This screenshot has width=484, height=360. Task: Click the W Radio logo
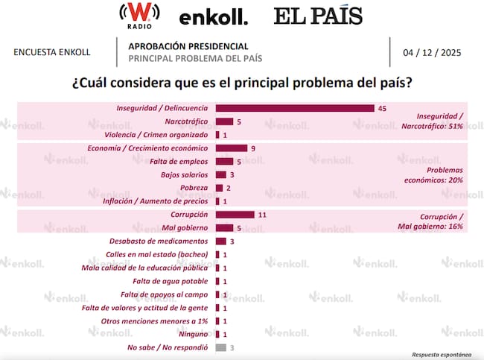pos(136,16)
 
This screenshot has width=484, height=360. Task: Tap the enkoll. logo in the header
pos(214,16)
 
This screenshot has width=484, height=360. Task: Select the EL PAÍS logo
pos(318,16)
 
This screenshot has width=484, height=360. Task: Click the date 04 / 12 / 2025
pos(435,52)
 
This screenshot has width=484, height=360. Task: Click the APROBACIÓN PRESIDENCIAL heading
pos(188,46)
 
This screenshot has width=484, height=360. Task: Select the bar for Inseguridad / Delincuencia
pos(295,108)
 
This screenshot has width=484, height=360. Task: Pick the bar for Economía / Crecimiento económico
pos(231,148)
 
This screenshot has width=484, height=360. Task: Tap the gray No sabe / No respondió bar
pos(220,347)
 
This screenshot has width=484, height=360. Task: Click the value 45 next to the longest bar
pos(383,109)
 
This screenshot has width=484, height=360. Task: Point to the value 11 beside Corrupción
pos(261,215)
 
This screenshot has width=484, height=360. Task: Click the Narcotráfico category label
pos(185,121)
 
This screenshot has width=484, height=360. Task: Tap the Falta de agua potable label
pos(175,281)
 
